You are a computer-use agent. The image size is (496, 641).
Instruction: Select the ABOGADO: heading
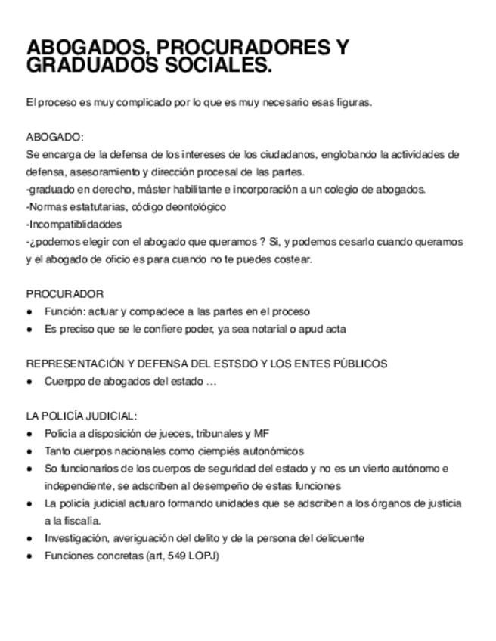[55, 137]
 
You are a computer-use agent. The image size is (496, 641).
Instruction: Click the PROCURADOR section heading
[65, 293]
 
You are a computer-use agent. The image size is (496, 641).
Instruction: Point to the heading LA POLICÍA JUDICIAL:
[81, 416]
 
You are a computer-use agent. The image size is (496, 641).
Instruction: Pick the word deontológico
[194, 206]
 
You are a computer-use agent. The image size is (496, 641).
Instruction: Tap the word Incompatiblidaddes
[74, 224]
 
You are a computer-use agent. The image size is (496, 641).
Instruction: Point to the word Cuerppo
[64, 381]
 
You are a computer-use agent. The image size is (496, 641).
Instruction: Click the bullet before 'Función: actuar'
[29, 311]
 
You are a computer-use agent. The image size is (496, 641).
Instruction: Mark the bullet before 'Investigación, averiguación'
[29, 538]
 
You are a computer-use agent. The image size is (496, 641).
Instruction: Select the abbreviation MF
[262, 434]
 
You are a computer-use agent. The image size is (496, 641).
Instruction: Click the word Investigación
[76, 538]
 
